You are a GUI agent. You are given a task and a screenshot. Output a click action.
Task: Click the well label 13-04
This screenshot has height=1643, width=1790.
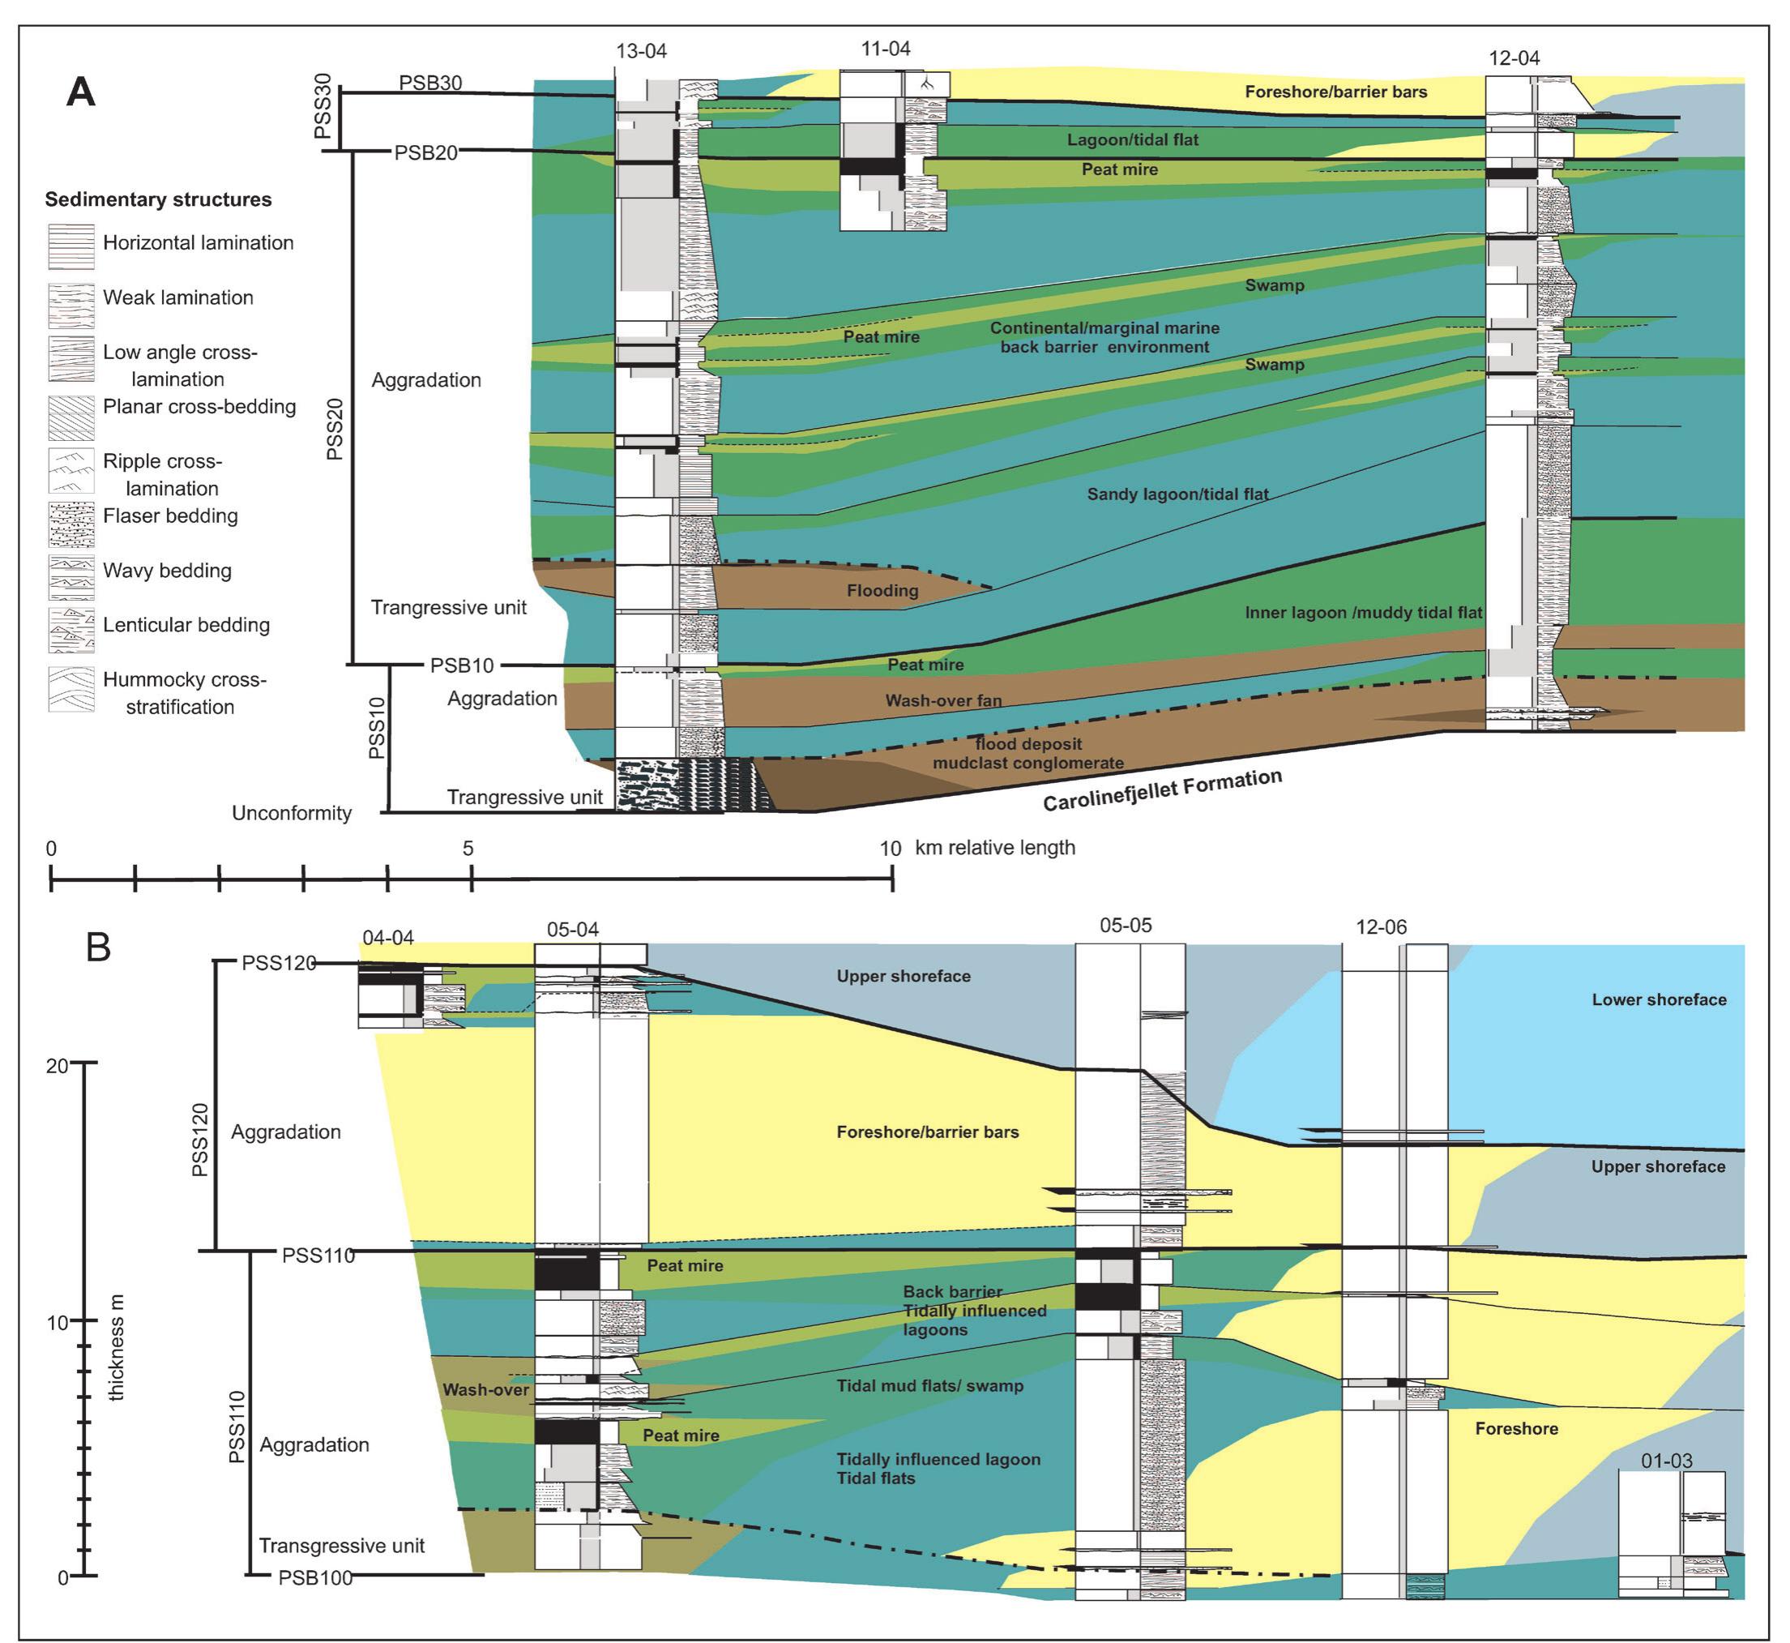pyautogui.click(x=641, y=52)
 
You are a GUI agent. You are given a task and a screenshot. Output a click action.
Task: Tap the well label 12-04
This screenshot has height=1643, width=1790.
pyautogui.click(x=1514, y=58)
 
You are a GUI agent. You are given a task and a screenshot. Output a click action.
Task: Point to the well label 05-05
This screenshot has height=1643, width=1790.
pyautogui.click(x=1126, y=926)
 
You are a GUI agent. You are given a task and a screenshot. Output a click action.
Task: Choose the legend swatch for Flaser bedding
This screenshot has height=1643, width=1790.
pyautogui.click(x=71, y=524)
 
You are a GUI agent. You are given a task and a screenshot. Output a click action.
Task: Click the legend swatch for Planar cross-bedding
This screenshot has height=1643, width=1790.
pyautogui.click(x=71, y=416)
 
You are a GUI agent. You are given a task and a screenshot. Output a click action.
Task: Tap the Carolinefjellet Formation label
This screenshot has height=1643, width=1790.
pyautogui.click(x=1162, y=790)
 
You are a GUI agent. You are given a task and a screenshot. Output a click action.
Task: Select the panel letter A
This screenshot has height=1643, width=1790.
pyautogui.click(x=81, y=92)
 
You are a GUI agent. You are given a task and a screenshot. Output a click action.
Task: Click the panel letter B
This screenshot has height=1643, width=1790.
pyautogui.click(x=98, y=948)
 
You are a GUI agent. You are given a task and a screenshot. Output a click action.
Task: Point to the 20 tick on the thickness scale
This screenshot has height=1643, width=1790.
pyautogui.click(x=83, y=1063)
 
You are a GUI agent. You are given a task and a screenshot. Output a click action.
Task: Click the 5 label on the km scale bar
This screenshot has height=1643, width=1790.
pyautogui.click(x=468, y=849)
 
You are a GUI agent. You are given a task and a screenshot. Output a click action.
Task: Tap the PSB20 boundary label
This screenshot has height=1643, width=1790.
pyautogui.click(x=425, y=153)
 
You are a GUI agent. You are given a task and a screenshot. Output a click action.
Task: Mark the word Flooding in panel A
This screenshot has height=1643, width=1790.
pyautogui.click(x=882, y=591)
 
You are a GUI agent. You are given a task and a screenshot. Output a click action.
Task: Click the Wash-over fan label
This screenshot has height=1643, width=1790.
pyautogui.click(x=943, y=700)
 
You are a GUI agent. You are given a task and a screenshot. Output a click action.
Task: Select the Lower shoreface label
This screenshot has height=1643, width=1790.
pyautogui.click(x=1659, y=999)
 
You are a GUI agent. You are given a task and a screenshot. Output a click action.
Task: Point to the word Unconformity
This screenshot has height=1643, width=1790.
pyautogui.click(x=292, y=814)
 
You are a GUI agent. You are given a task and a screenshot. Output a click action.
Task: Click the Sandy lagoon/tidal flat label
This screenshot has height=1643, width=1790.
pyautogui.click(x=1177, y=494)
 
